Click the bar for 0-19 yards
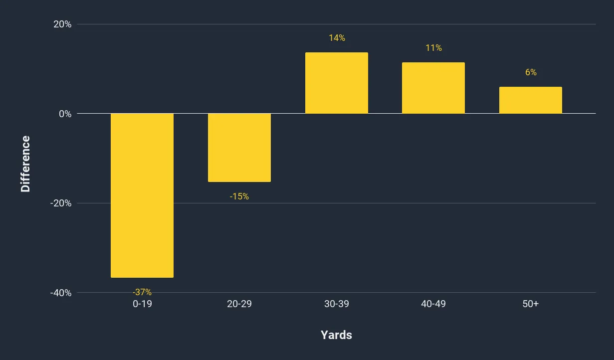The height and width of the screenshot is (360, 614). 142,195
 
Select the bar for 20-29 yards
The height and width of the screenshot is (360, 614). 239,148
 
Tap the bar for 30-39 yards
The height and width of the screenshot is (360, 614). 337,83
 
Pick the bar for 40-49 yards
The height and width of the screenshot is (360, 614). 433,88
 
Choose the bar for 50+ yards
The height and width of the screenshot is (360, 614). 531,100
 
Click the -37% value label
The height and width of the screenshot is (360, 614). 142,292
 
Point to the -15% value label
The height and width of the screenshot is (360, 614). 239,196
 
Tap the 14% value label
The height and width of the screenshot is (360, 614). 337,38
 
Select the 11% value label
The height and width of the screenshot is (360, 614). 433,48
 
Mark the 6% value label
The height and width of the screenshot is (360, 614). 531,72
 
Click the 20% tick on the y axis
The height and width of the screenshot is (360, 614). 62,24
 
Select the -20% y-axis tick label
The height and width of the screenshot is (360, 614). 61,203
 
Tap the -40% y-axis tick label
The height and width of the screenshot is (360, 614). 61,293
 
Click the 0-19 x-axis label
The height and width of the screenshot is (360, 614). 142,304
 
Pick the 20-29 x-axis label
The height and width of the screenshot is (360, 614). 239,304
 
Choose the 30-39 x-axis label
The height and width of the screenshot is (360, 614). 337,304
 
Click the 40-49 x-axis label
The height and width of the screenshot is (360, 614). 433,304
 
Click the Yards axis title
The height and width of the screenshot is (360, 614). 336,335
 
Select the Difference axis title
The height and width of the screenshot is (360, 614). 25,164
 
